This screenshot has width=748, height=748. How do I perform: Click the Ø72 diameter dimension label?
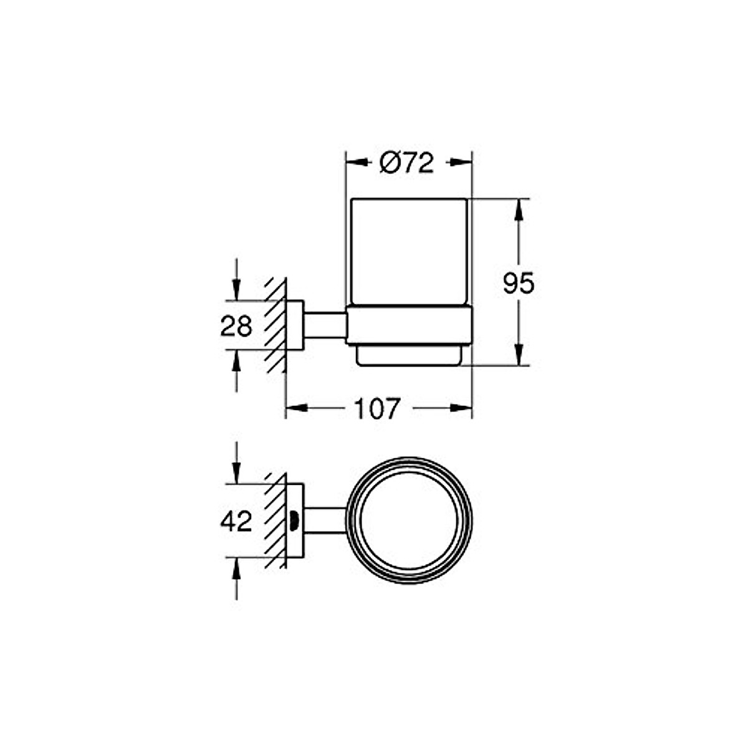click(x=406, y=163)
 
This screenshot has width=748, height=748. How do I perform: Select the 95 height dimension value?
click(x=519, y=284)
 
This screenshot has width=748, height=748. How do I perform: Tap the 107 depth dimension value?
click(x=376, y=409)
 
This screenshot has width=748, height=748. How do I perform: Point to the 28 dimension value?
click(x=236, y=326)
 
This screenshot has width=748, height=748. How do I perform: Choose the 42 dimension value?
click(x=236, y=521)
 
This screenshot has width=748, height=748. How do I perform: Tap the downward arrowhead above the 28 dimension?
click(x=236, y=291)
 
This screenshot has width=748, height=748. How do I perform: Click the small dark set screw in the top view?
click(x=294, y=520)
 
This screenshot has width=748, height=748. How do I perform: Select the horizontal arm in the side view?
click(x=325, y=325)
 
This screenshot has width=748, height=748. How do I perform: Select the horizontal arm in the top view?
click(x=325, y=520)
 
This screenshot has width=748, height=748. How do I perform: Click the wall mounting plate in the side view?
click(x=294, y=325)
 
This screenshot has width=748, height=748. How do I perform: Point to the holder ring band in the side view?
click(x=409, y=325)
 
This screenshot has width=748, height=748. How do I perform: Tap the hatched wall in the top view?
click(x=275, y=520)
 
